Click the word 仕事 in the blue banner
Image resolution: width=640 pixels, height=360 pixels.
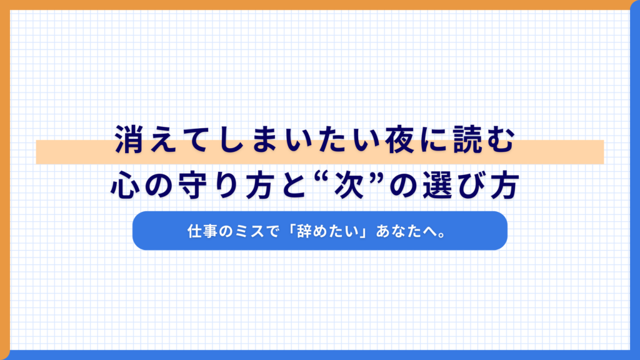pos(201,231)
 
